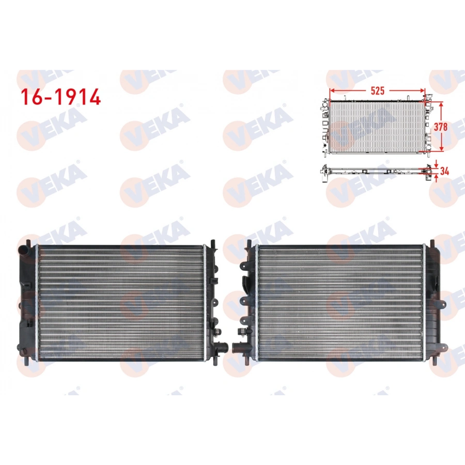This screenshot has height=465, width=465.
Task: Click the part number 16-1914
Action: pos(60,96)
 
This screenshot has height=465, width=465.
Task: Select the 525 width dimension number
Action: pos(378,91)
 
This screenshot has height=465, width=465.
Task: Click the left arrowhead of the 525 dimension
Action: pos(331,91)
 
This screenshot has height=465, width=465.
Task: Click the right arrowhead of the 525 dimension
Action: pos(424,91)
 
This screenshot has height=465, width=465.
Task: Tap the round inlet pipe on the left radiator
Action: pos(23,249)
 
